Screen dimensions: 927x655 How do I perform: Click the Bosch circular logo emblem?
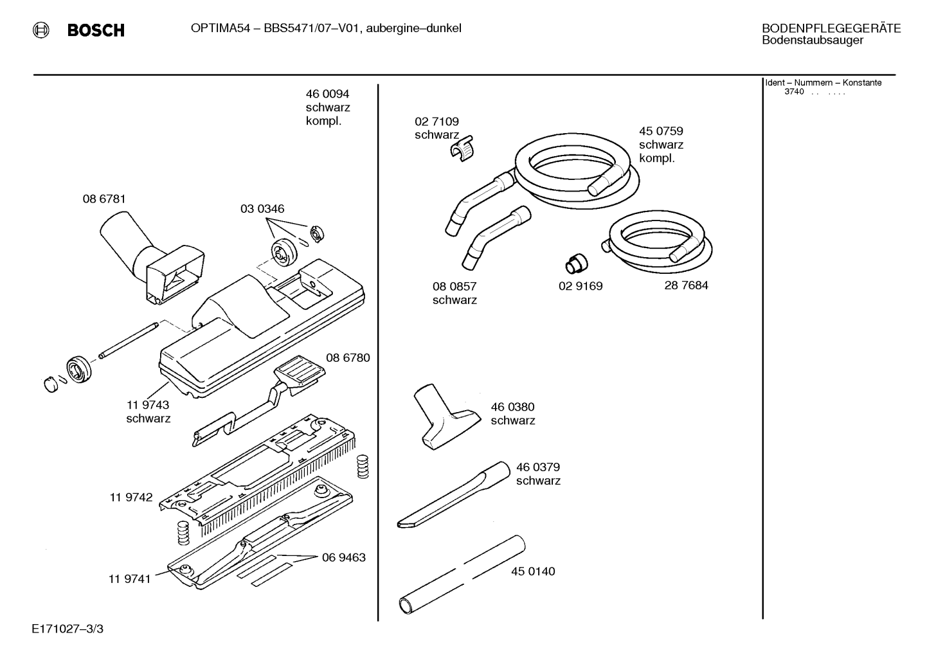click(x=41, y=30)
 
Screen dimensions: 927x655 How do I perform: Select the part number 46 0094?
click(x=327, y=94)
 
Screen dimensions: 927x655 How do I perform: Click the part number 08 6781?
click(x=104, y=199)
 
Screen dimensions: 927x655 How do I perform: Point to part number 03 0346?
click(x=262, y=208)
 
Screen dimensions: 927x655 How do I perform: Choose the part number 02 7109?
click(x=437, y=121)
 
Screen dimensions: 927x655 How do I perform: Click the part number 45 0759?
click(x=661, y=131)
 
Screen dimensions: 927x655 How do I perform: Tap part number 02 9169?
click(x=580, y=286)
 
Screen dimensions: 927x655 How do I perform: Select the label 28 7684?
click(x=686, y=285)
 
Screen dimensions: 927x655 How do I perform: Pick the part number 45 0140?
click(x=533, y=571)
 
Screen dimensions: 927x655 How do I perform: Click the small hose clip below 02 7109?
click(x=462, y=148)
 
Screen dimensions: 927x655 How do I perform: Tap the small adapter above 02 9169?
click(x=577, y=264)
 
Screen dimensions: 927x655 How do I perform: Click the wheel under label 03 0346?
click(x=284, y=253)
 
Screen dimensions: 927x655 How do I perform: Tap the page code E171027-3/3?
click(x=67, y=629)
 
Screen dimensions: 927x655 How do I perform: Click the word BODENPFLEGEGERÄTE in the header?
click(x=831, y=28)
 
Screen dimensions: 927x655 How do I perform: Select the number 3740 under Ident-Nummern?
click(x=794, y=91)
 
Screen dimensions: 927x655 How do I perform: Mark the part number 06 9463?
click(x=344, y=558)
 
